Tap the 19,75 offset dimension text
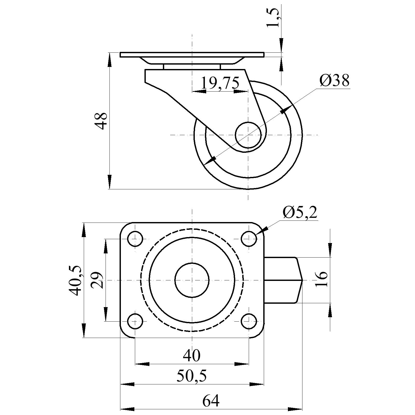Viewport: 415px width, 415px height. (220, 83)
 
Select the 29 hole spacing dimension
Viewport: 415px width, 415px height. (98, 280)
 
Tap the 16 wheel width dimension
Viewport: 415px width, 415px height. (322, 279)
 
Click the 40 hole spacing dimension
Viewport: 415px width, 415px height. (192, 355)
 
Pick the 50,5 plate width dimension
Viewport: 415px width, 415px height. (192, 376)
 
